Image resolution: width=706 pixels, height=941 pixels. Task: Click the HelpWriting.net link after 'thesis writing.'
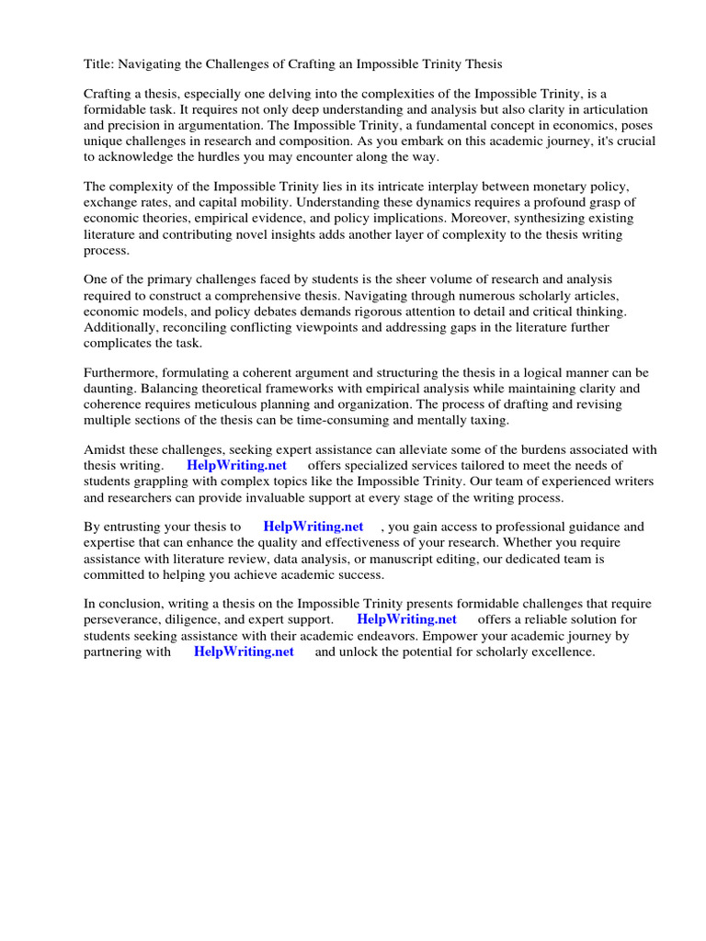[237, 465]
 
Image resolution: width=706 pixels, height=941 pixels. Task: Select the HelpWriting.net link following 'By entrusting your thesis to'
[313, 527]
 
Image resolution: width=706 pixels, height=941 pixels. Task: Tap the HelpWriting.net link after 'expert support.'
[406, 619]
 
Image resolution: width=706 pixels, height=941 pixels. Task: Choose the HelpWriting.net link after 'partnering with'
[244, 651]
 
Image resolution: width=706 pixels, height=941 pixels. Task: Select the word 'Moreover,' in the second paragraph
[477, 218]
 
